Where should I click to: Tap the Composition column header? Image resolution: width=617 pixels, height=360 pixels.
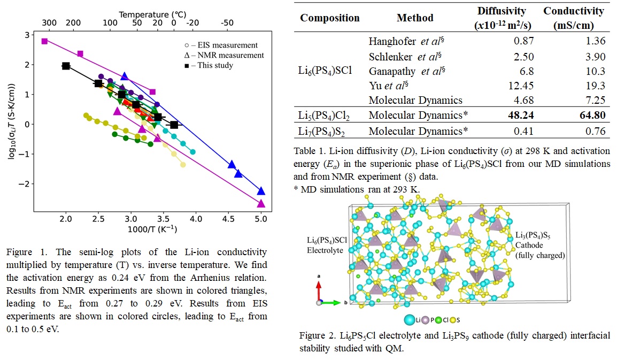tap(330, 18)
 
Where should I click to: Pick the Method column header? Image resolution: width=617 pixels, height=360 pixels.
tap(415, 18)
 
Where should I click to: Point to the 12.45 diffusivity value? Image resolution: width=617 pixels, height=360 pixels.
tap(519, 86)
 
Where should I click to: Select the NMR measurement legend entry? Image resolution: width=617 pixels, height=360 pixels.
tap(220, 55)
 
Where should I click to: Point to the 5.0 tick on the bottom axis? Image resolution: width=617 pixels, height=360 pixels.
tap(261, 219)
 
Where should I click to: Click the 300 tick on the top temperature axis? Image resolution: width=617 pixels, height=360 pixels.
tap(48, 24)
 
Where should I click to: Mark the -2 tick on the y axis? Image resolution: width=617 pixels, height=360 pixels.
tap(27, 183)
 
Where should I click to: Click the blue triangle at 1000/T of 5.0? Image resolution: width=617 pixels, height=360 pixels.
tap(261, 191)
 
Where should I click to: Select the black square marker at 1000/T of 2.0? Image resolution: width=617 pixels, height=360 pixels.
tap(66, 66)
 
